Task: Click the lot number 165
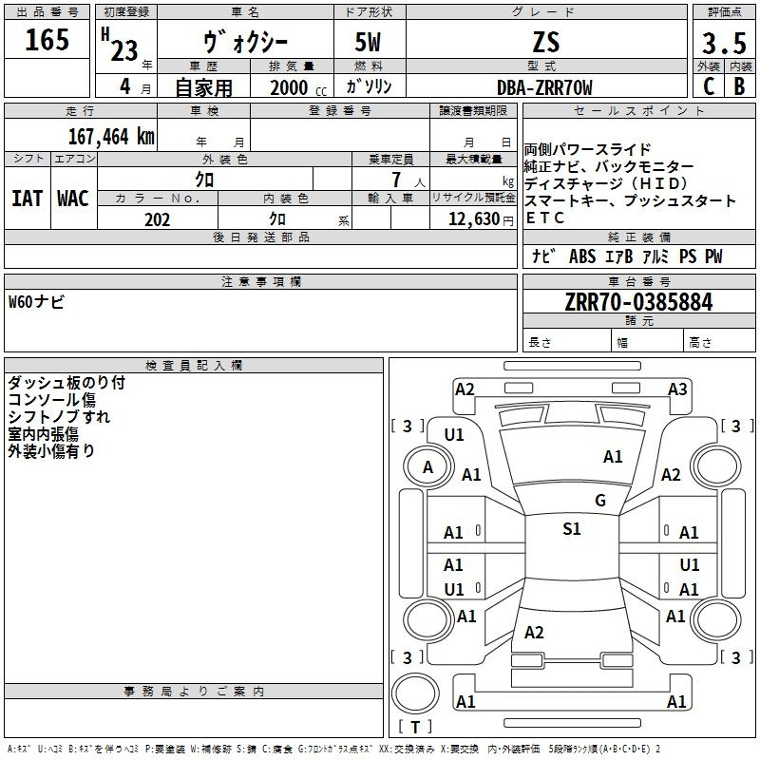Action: tap(47, 41)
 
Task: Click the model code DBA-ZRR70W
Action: tap(544, 87)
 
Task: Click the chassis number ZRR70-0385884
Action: tap(637, 303)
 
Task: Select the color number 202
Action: tap(157, 219)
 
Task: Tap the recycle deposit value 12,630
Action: tap(472, 219)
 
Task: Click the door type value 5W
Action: tap(370, 43)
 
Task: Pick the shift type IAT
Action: tap(27, 199)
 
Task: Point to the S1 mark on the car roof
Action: tap(571, 529)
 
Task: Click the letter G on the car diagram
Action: tap(599, 500)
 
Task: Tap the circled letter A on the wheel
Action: tap(427, 466)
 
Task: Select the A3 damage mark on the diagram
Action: tap(677, 389)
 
